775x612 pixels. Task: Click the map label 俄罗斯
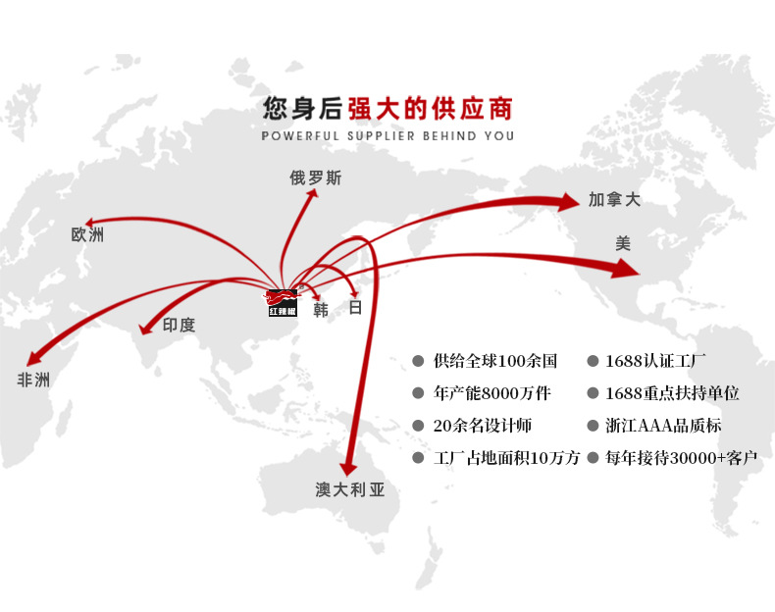(316, 178)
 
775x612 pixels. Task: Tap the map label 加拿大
(614, 200)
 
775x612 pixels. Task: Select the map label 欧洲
(87, 235)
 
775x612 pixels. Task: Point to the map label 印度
(179, 326)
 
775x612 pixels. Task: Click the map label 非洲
(33, 381)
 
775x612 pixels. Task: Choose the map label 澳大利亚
(350, 489)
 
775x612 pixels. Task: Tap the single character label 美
(623, 243)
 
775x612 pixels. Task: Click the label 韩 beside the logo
(321, 310)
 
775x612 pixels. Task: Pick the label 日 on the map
(355, 308)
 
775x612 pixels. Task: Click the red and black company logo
(283, 303)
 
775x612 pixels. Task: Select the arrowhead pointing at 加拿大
(569, 202)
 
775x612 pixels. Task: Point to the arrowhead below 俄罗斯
(314, 196)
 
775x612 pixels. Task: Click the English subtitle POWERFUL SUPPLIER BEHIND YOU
(387, 136)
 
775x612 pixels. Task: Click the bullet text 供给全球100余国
(494, 361)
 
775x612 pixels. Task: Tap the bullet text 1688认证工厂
(662, 361)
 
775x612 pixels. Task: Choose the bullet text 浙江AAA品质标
(663, 426)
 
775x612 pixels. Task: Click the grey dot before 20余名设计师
(418, 426)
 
